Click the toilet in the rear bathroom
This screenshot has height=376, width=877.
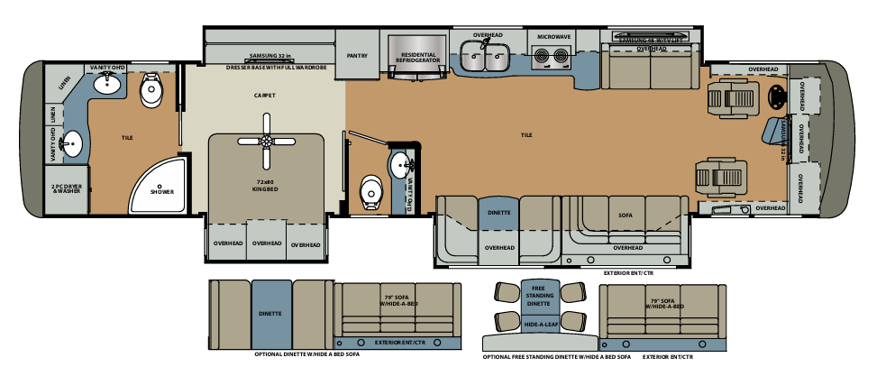click(151, 87)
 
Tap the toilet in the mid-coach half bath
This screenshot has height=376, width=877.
click(370, 191)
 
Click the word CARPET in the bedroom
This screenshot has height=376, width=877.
click(264, 95)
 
